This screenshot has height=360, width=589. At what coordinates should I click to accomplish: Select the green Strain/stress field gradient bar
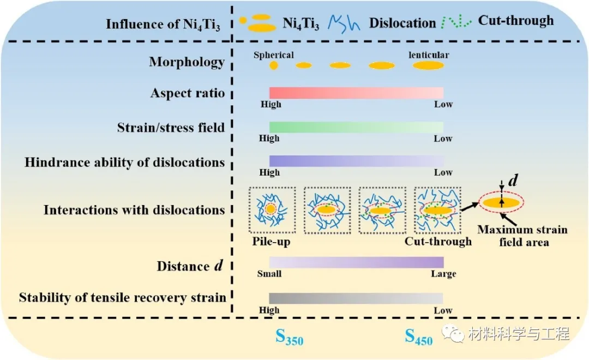click(x=356, y=127)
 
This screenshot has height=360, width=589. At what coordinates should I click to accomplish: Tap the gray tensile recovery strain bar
click(x=356, y=298)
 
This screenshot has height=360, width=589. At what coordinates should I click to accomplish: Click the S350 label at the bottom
click(x=289, y=338)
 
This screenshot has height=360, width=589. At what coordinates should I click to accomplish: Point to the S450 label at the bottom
click(x=418, y=338)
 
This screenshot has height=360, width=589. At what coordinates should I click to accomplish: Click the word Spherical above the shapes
click(x=274, y=55)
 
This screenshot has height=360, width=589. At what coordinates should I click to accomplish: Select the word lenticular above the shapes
click(x=429, y=55)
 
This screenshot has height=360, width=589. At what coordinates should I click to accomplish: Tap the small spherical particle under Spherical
click(x=274, y=66)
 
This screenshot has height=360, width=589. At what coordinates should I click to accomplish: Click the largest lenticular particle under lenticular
click(x=428, y=66)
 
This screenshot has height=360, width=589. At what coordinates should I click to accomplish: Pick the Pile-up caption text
click(x=271, y=241)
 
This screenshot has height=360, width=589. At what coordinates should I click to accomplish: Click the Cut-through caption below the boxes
click(x=438, y=241)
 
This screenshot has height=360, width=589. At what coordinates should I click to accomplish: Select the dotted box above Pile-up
click(x=271, y=210)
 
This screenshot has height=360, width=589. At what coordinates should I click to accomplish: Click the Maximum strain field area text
click(x=522, y=235)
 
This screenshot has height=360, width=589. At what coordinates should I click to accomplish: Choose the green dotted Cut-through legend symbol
click(x=456, y=22)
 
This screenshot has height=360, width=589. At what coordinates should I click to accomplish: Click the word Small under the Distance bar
click(x=269, y=273)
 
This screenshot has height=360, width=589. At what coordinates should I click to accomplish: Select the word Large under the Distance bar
click(x=443, y=273)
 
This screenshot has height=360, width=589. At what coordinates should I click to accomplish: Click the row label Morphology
click(x=187, y=62)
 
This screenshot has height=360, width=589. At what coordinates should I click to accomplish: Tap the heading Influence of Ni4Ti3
click(x=163, y=25)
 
